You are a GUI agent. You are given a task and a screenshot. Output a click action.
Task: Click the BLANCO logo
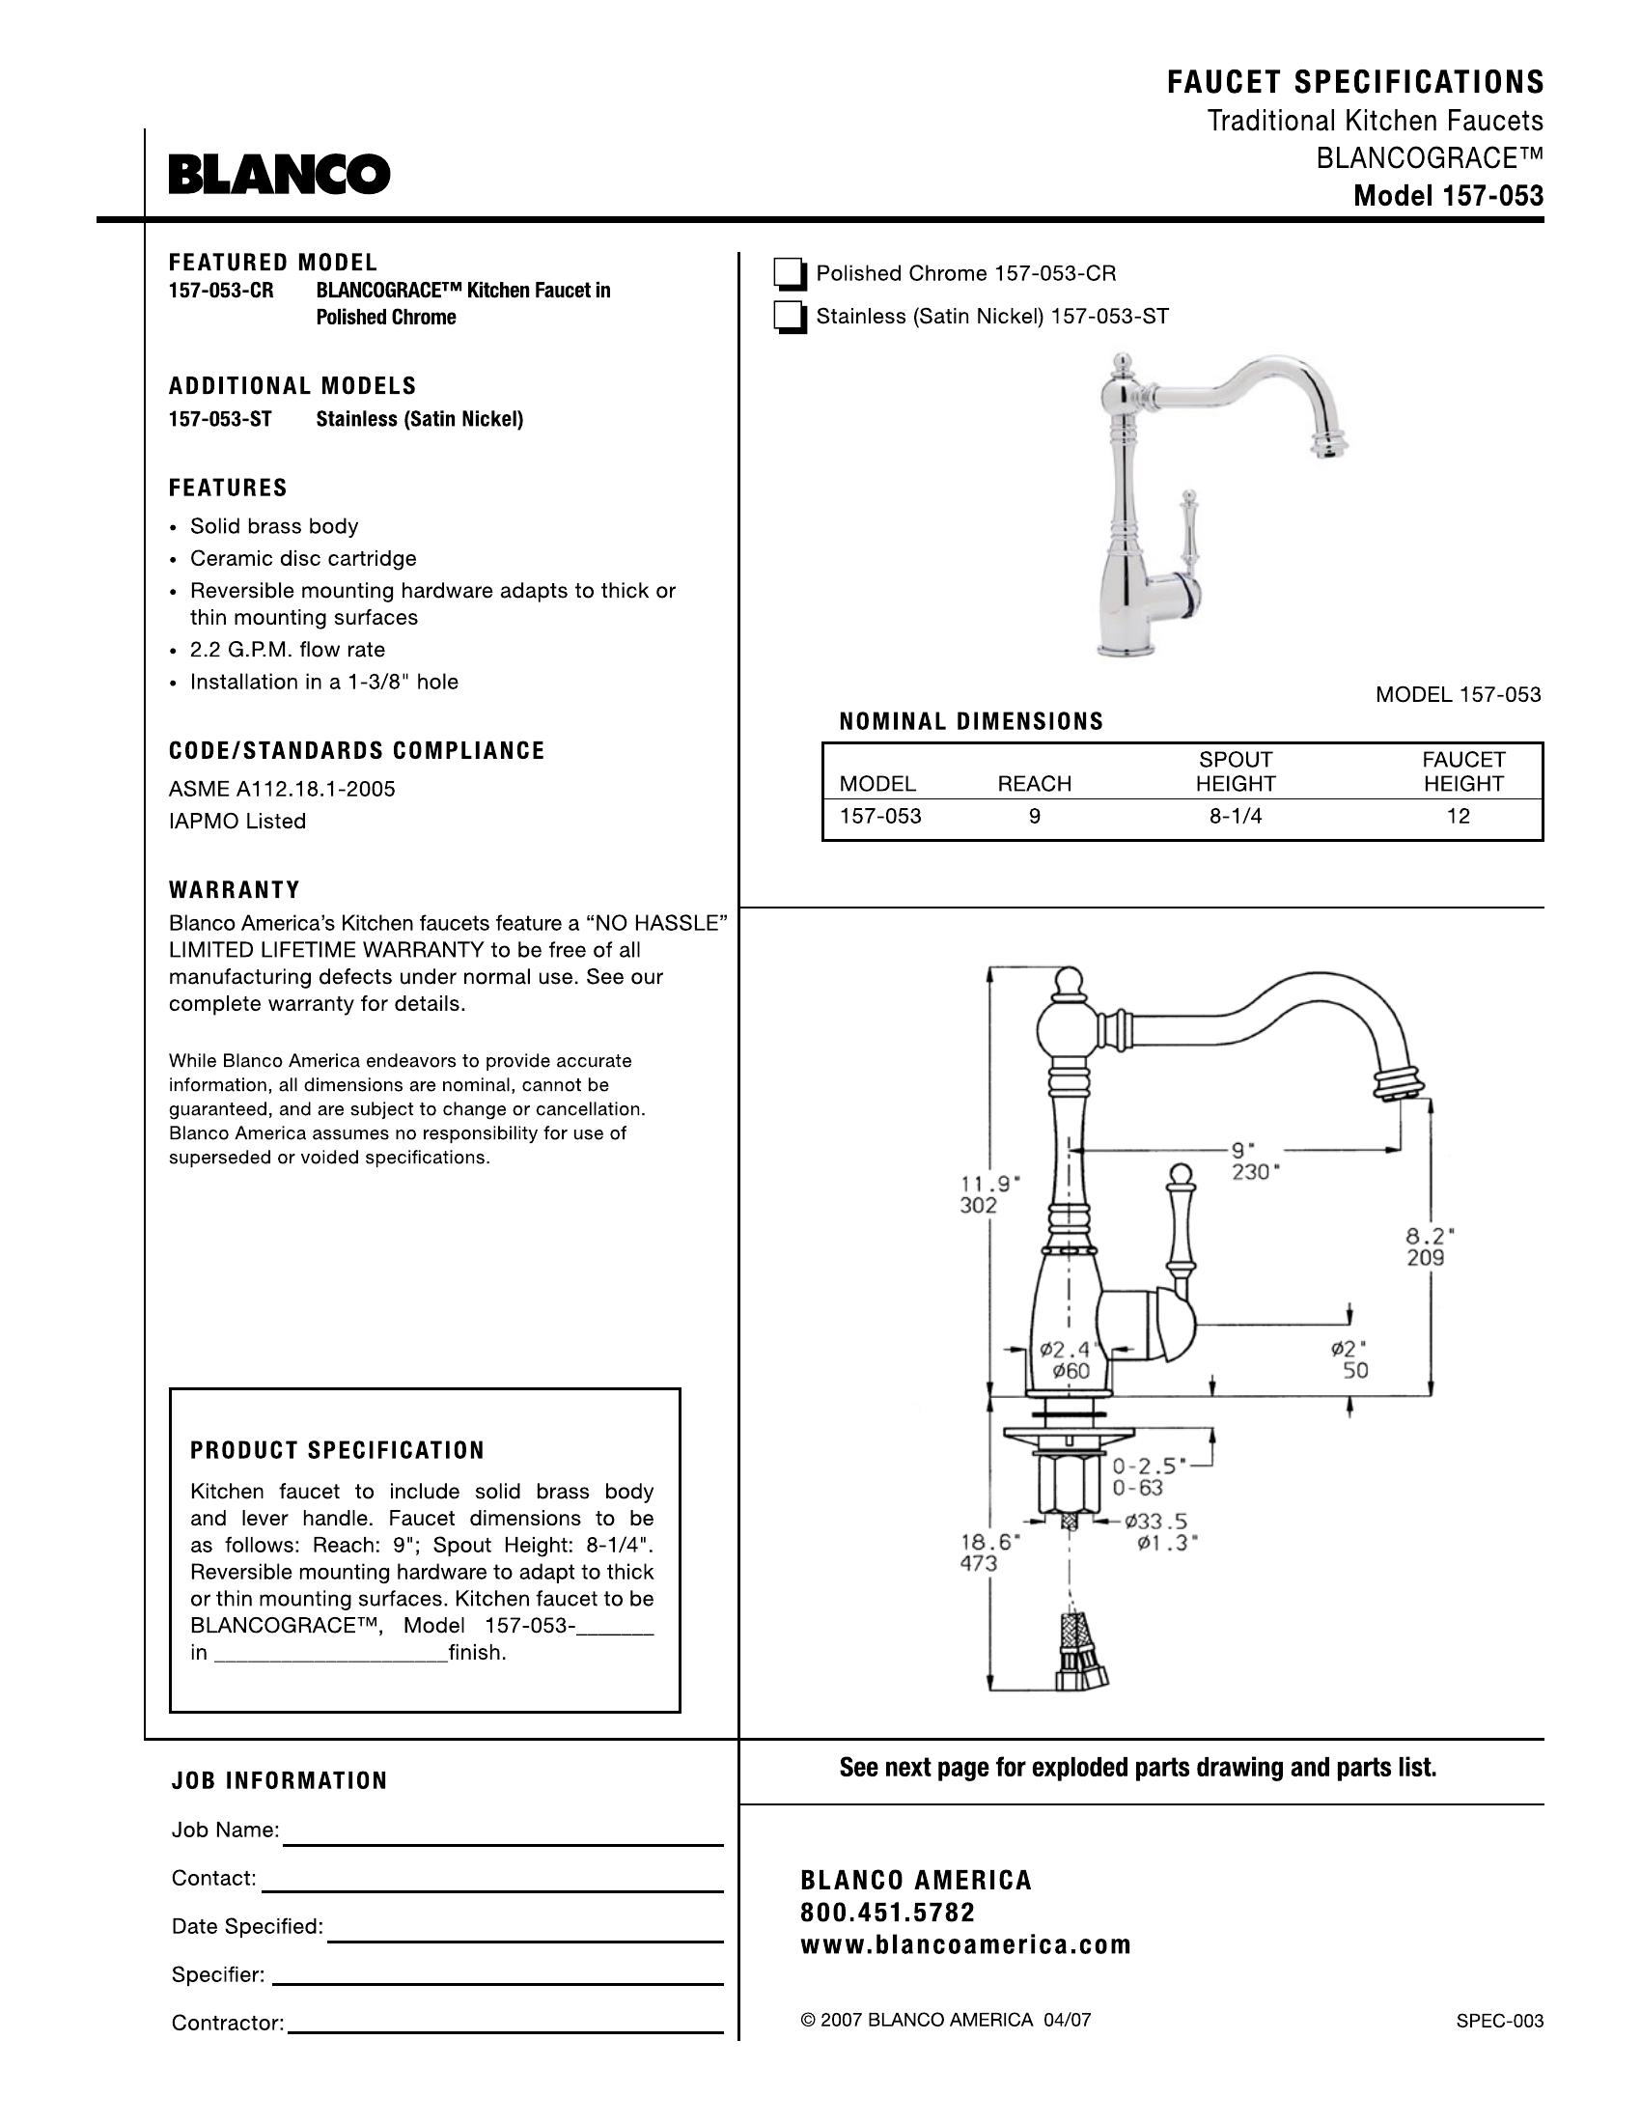tap(280, 175)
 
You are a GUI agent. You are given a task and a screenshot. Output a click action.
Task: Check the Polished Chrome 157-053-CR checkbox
tap(790, 275)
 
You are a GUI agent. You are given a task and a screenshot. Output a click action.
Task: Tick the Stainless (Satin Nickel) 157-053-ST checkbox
tap(790, 318)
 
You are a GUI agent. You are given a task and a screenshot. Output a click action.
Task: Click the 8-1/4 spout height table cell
tap(1235, 817)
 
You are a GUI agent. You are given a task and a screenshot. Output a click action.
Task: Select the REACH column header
tap(1035, 784)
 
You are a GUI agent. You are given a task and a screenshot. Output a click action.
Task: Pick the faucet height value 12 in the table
tap(1458, 817)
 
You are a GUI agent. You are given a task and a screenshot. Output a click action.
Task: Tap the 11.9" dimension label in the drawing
tap(989, 1185)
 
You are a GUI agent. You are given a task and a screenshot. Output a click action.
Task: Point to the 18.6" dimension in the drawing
tap(989, 1542)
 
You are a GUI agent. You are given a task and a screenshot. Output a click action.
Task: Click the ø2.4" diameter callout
tap(1067, 1349)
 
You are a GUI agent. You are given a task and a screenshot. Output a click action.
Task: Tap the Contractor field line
tap(507, 2031)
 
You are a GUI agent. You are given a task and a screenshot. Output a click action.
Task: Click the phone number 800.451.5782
tap(886, 1913)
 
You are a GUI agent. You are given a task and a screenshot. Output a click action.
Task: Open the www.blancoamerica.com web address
tap(965, 1945)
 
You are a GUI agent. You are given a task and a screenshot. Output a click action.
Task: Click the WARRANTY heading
tap(235, 890)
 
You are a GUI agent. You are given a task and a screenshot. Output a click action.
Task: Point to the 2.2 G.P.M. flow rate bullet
tap(287, 650)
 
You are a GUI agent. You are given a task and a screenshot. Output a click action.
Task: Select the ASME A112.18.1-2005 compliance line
tap(282, 789)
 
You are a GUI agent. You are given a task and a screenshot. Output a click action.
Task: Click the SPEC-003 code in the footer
tap(1499, 2021)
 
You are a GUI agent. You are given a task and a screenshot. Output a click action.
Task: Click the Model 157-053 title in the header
tap(1449, 196)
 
